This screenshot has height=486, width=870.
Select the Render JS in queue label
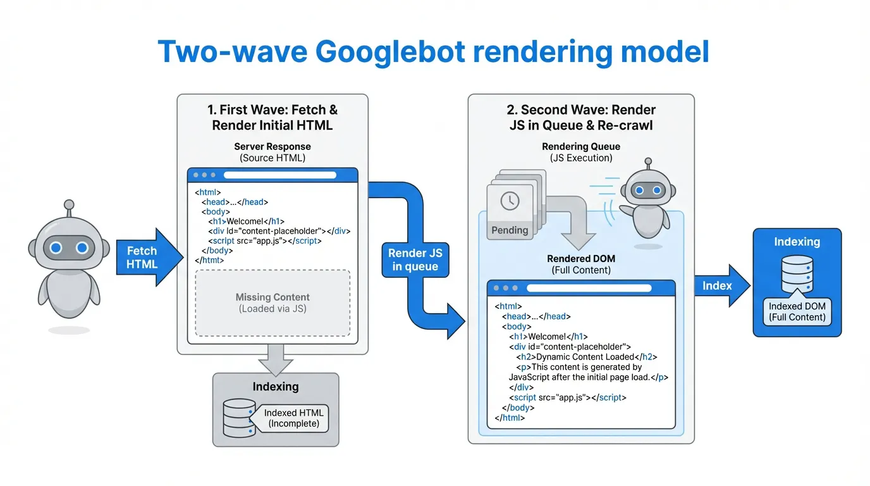[x=415, y=259]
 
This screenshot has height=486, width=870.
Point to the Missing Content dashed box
[x=273, y=303]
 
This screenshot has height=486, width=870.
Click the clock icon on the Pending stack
[x=510, y=201]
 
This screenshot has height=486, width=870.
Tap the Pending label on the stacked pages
[x=510, y=230]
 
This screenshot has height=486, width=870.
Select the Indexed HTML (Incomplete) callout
[x=294, y=418]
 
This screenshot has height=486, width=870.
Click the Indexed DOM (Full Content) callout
[x=797, y=311]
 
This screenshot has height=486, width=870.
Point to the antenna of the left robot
[x=68, y=206]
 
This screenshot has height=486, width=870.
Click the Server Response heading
[x=273, y=147]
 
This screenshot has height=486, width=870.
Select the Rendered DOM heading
[x=581, y=259]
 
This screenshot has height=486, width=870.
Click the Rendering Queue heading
[x=581, y=147]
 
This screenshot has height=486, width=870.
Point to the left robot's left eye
[x=56, y=248]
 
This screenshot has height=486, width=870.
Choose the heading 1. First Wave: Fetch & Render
[x=273, y=117]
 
